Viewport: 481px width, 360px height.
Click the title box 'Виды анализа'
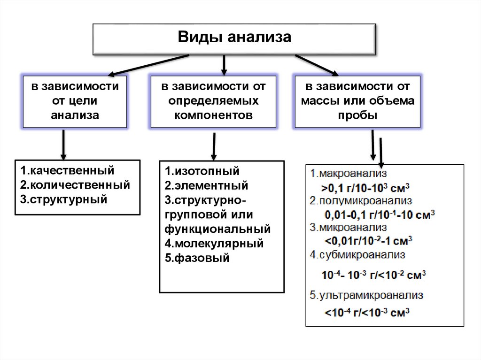pos(234,38)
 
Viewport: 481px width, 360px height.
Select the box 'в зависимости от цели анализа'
pos(75,100)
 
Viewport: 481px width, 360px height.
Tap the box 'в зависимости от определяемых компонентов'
pos(213,100)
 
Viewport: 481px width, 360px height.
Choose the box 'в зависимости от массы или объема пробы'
pos(357,100)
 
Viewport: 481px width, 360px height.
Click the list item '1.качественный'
pos(67,170)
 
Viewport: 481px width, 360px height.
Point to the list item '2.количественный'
pos(75,184)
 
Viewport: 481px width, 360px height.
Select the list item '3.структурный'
pos(64,199)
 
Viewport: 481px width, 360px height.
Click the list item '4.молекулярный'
pos(214,244)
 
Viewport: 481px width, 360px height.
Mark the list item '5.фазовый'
pos(197,258)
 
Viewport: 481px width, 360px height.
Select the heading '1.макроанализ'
pos(348,174)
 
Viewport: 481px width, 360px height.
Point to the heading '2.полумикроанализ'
pos(360,200)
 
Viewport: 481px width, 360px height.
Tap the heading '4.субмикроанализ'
pos(357,255)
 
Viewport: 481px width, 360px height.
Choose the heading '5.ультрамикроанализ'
pos(367,296)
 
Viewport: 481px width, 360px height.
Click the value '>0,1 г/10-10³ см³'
pos(366,187)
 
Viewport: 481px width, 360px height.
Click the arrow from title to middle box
pos(224,65)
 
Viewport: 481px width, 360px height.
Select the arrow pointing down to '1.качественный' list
pos(63,146)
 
